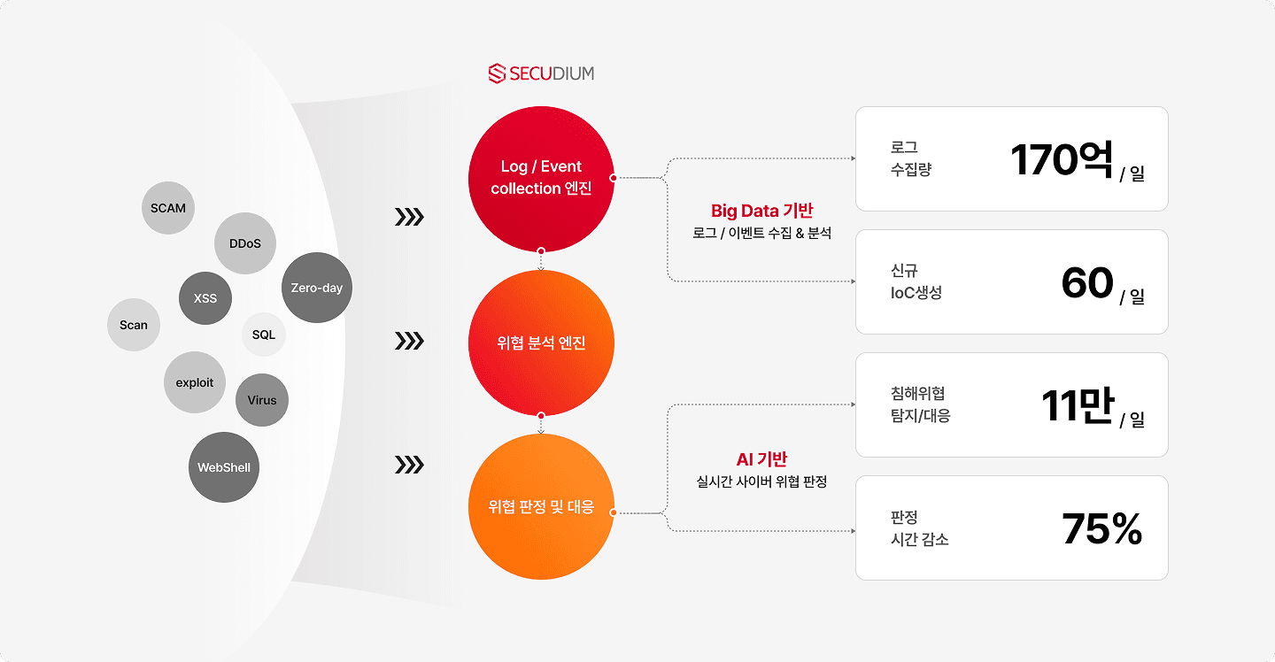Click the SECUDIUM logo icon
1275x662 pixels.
497,73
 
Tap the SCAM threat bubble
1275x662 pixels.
168,209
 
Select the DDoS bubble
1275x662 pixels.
245,243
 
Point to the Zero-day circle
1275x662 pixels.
316,288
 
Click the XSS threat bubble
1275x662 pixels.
205,298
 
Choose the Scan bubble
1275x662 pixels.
134,325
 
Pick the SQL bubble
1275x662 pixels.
264,335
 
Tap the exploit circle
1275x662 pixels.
195,382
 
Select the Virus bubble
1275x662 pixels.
262,400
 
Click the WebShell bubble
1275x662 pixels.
224,467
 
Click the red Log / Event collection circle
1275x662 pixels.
541,178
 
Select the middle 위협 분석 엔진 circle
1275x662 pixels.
541,343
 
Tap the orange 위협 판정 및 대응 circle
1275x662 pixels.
541,507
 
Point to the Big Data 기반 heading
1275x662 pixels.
761,211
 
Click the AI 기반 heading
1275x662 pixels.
761,459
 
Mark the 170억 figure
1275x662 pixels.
1061,160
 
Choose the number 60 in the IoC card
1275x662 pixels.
1086,283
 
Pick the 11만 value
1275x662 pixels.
1076,406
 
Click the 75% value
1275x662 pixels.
1101,529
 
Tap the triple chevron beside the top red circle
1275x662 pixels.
409,217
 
